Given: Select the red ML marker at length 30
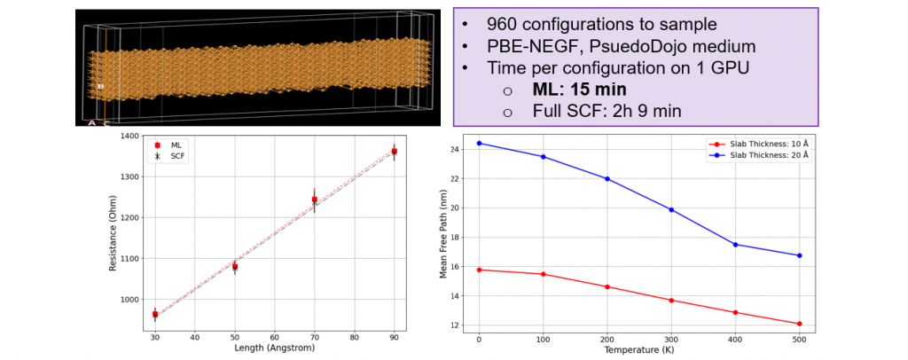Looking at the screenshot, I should coord(154,314).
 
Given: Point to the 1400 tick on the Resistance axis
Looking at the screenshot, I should coord(131,136).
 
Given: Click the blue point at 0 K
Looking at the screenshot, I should coord(479,143).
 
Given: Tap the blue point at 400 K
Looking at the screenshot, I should coord(735,244).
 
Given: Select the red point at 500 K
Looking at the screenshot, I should coord(800,324).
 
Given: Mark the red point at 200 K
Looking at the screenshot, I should coord(607,286).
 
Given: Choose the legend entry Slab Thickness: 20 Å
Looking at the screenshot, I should coord(763,153).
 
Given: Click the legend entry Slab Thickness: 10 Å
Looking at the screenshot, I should coord(763,143).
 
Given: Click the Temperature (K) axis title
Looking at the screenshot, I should coord(638,351).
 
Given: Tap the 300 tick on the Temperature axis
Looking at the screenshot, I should coord(671,340).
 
